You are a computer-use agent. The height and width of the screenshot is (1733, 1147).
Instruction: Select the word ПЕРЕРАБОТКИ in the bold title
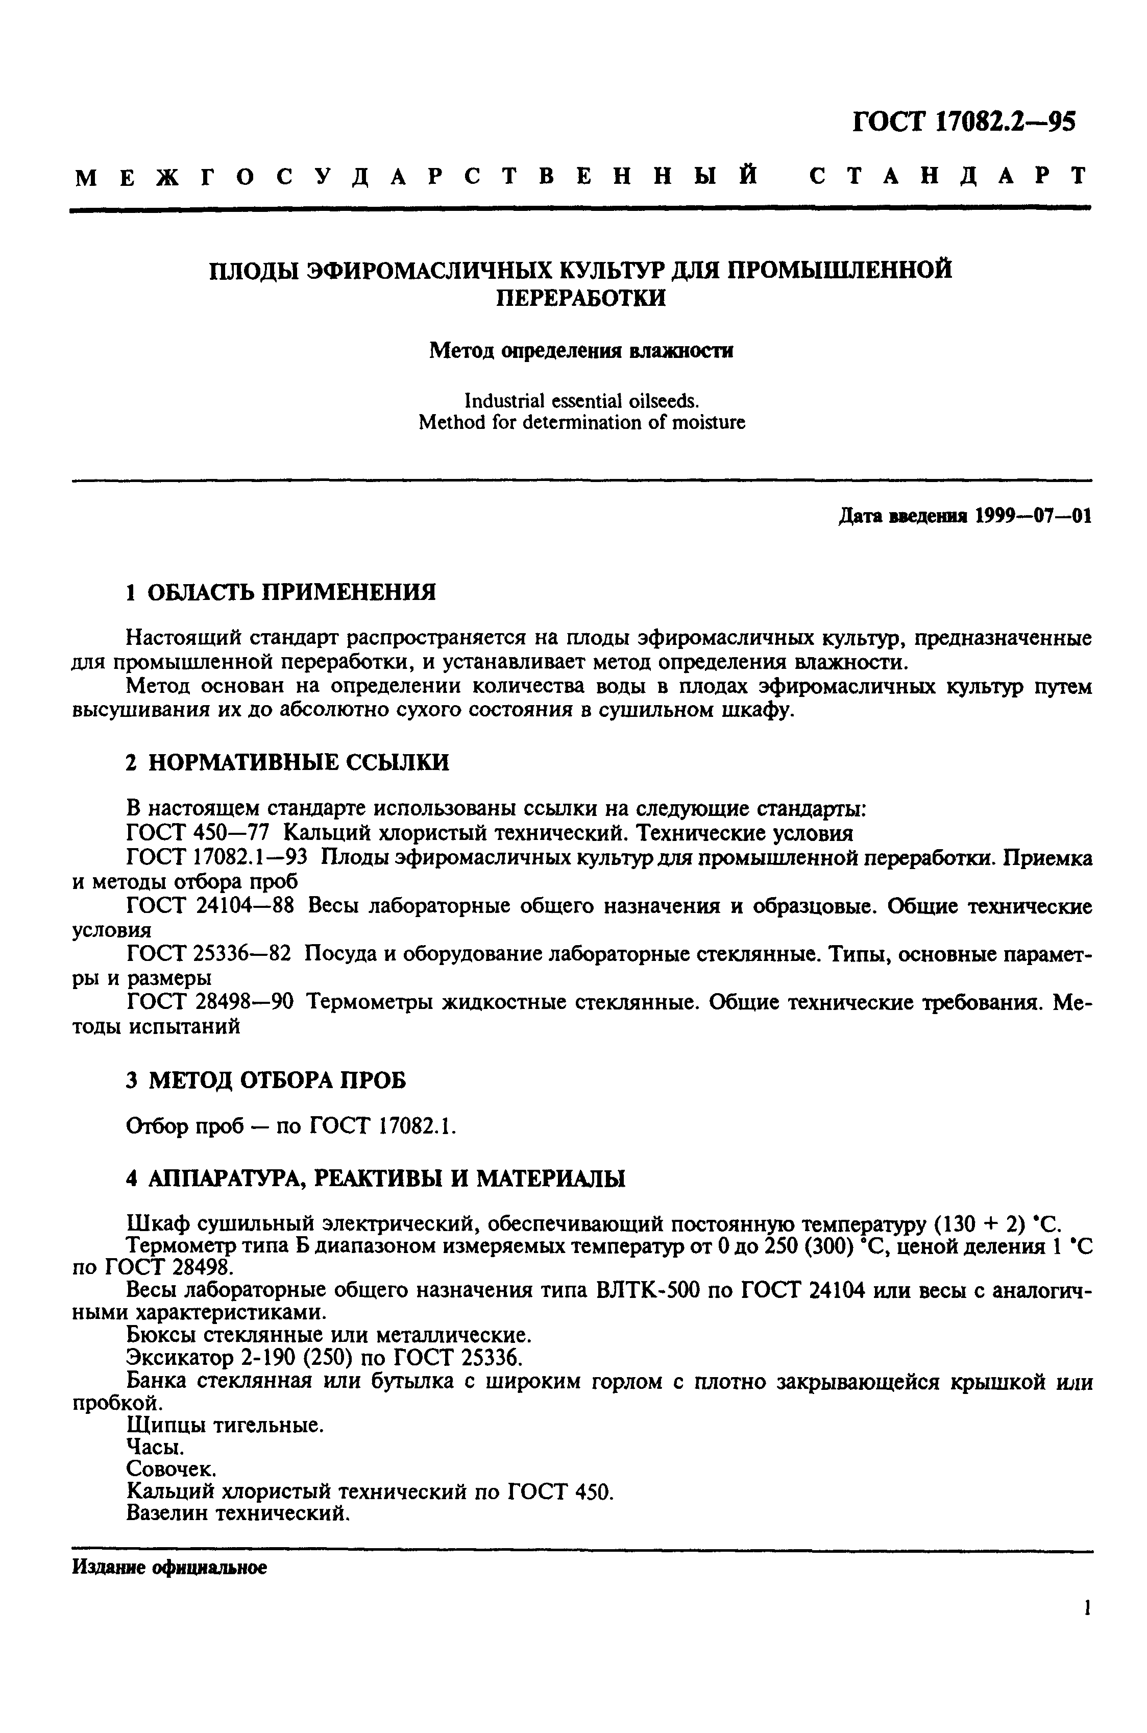click(x=581, y=298)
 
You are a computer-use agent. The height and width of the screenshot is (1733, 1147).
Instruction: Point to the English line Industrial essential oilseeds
click(x=581, y=400)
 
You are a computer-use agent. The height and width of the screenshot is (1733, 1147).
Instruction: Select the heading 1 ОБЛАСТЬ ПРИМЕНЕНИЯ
click(x=280, y=592)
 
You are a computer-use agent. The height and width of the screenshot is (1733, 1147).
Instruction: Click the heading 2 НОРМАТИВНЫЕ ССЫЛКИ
click(x=287, y=763)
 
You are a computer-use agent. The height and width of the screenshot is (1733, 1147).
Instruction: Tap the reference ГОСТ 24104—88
click(x=210, y=906)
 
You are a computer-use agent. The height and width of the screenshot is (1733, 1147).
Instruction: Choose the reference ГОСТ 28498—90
click(x=210, y=1002)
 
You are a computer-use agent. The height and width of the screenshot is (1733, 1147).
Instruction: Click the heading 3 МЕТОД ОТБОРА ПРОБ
click(x=265, y=1080)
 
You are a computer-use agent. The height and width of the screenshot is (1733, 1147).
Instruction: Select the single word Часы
click(x=155, y=1447)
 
